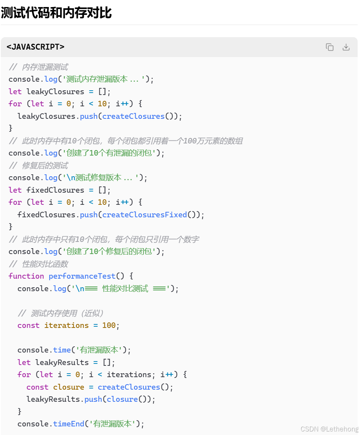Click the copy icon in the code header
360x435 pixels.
330,47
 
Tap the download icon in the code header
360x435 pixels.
346,47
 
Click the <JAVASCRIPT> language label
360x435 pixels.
36,47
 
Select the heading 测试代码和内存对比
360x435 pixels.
56,13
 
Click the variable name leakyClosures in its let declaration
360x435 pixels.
55,91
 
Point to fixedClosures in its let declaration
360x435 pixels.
55,190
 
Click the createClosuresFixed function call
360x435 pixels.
144,215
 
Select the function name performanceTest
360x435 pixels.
82,276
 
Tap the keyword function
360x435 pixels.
26,276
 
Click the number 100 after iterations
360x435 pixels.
109,325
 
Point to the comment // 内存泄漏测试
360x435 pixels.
38,67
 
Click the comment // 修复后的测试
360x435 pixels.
38,165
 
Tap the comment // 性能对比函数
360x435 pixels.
38,264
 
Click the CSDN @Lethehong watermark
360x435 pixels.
330,429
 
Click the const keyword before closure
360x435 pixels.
37,387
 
